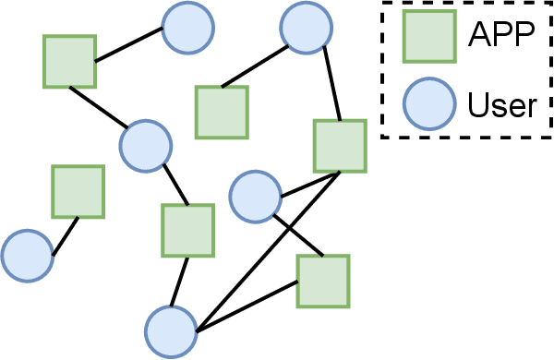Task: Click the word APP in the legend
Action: tap(502, 36)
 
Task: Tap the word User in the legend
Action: tap(502, 104)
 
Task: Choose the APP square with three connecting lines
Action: tap(340, 146)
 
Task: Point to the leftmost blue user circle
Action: tap(27, 256)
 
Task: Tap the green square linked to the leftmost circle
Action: tap(78, 192)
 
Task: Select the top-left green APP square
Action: tap(69, 62)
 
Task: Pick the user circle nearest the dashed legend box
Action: tap(306, 28)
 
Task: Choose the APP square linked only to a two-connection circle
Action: tap(221, 112)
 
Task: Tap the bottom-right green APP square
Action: tap(322, 281)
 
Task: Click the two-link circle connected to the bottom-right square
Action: tap(255, 196)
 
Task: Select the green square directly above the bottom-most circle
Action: tap(187, 230)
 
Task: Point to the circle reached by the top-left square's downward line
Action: tap(146, 145)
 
